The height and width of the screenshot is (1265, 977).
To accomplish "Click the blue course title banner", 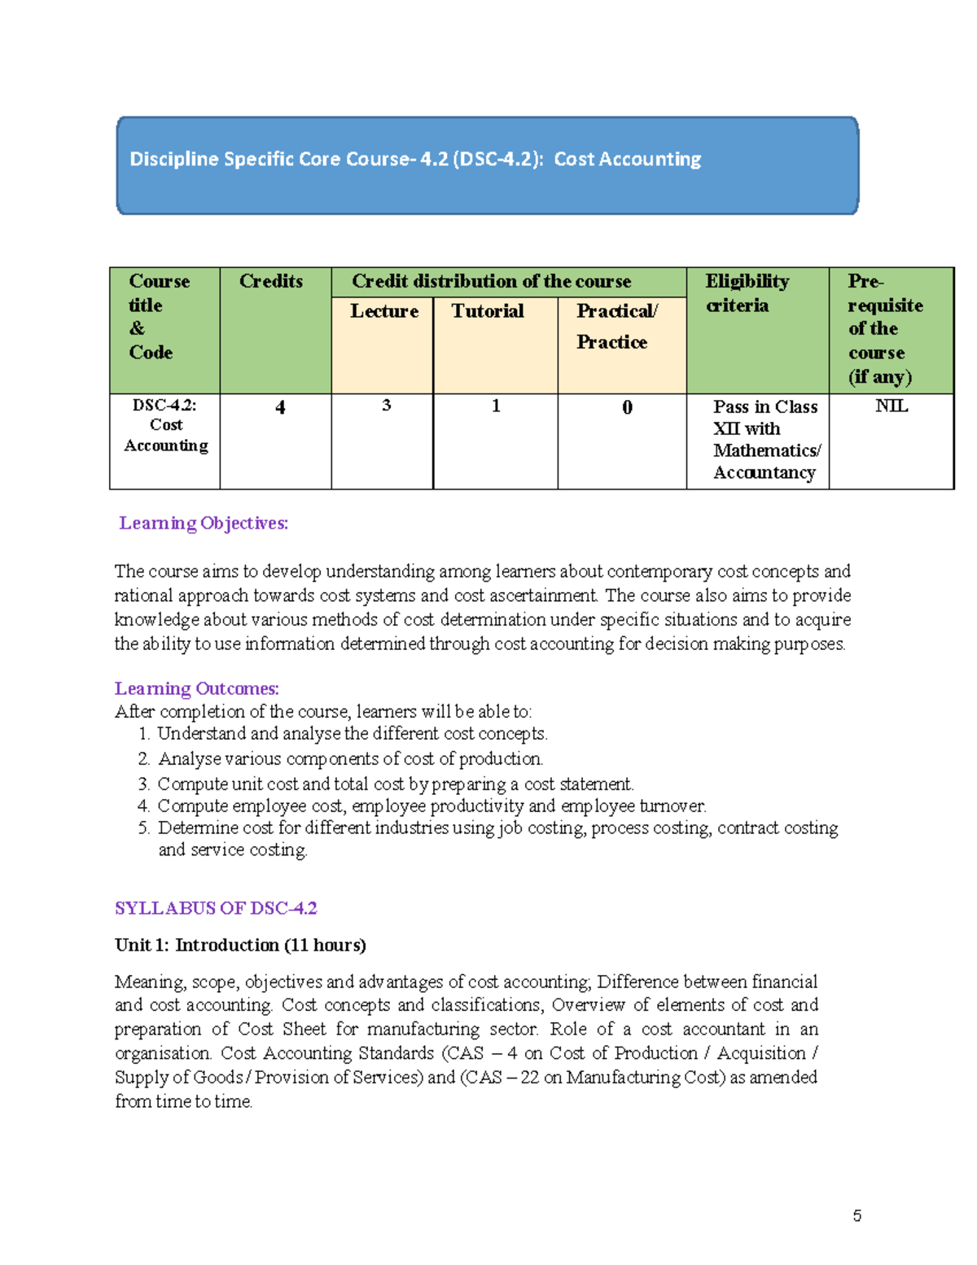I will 487,165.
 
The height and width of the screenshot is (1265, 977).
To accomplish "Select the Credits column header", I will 271,282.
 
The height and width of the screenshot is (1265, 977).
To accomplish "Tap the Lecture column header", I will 383,311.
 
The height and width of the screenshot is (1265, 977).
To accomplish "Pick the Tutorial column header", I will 488,311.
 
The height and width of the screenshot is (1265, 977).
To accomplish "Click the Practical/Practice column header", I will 616,326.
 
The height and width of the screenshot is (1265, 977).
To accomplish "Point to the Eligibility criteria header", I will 747,293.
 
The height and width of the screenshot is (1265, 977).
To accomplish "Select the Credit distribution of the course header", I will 491,282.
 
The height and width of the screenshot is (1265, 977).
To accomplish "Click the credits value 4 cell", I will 280,407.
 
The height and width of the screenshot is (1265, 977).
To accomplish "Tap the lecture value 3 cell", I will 386,406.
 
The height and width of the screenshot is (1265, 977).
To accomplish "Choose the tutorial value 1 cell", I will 496,406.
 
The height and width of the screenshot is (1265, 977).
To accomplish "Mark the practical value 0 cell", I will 627,407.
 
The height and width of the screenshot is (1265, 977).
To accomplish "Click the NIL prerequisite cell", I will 891,406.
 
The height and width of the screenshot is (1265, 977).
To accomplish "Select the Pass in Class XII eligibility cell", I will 765,440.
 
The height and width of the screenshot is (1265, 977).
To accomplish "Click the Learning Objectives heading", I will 204,523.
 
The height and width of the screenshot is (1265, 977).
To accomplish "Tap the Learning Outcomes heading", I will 197,688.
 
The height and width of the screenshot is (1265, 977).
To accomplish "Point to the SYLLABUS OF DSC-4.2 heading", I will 216,908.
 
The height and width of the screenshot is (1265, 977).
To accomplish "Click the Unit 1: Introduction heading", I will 240,945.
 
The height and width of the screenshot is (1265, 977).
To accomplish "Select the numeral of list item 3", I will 143,784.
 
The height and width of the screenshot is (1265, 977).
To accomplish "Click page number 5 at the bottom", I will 857,1216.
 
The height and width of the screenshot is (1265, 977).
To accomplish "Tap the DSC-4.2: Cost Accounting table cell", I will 166,425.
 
